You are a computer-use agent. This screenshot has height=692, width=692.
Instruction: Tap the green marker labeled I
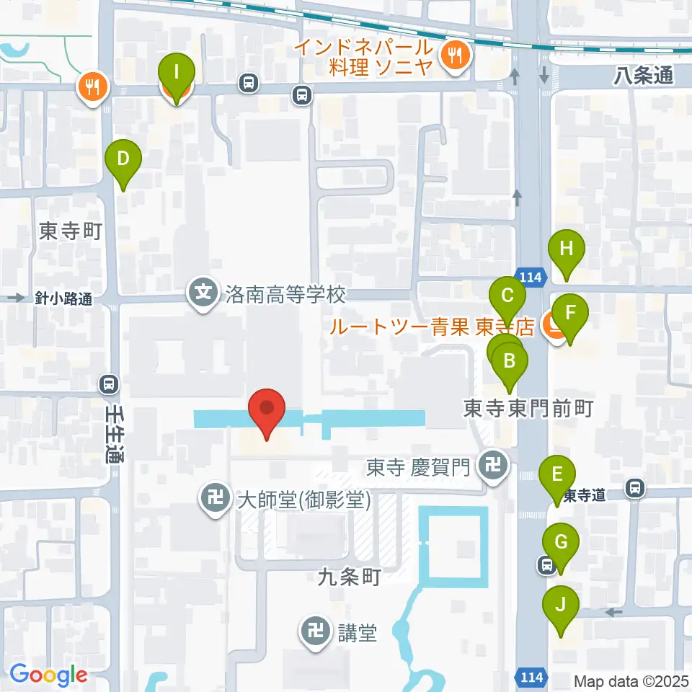177,75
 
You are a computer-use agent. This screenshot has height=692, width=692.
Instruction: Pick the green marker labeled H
567,252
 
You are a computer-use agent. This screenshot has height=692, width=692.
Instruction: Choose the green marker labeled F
570,316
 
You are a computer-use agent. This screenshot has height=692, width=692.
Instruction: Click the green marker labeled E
557,478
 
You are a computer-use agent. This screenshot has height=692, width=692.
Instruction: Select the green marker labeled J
560,608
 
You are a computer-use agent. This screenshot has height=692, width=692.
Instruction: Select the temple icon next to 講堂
316,633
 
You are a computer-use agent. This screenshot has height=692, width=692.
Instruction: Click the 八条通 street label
644,75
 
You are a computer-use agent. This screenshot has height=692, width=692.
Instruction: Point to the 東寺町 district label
68,231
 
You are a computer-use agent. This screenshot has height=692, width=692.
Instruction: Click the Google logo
49,675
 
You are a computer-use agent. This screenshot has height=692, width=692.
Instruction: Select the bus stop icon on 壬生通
109,384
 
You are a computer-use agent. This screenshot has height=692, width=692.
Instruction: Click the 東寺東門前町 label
528,409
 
